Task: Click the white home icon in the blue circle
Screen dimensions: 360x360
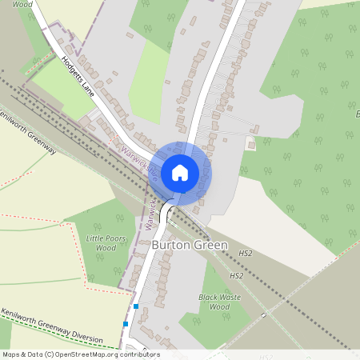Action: [x=180, y=172]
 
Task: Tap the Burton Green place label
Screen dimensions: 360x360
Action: [x=190, y=245]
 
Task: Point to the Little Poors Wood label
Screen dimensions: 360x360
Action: [x=101, y=243]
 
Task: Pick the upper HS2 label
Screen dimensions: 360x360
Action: [x=245, y=254]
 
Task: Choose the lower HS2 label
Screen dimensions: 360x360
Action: [x=236, y=276]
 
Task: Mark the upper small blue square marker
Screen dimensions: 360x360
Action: [x=136, y=306]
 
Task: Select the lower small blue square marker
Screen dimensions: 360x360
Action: [x=126, y=324]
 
